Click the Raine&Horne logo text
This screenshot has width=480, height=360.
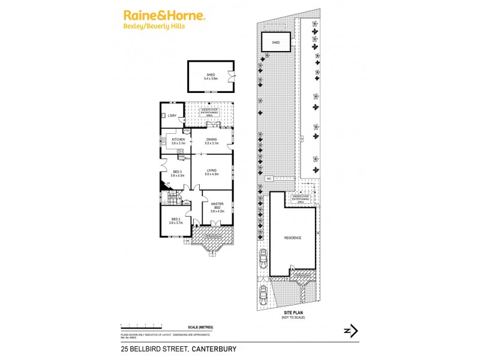coord(164,16)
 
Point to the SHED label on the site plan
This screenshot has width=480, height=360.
coord(276,43)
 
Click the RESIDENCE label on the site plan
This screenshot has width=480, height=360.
coord(293,238)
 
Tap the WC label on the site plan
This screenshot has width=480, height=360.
coord(269,179)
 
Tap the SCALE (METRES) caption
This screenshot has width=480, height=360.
coord(200,326)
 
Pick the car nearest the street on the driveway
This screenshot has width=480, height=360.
coord(263,293)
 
